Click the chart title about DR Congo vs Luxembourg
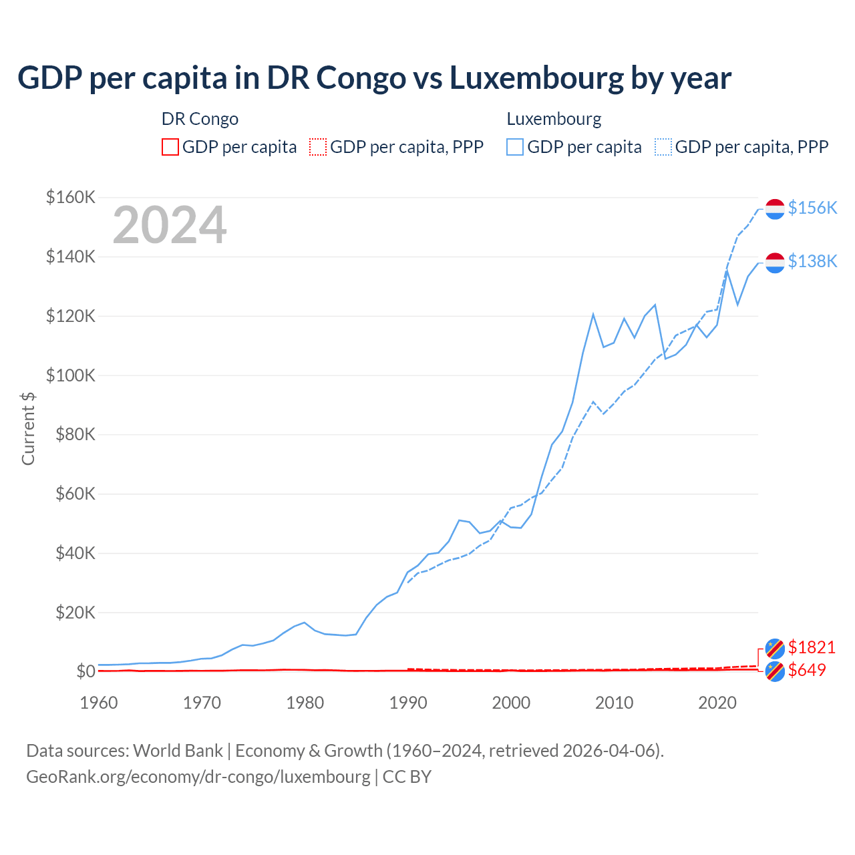click(374, 78)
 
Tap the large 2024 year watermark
click(170, 225)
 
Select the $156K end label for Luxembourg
click(812, 208)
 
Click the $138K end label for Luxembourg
click(812, 261)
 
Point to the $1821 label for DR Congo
click(812, 647)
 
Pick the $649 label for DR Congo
click(807, 670)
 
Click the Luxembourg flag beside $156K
click(775, 208)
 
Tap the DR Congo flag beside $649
click(775, 671)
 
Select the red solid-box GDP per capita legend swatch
click(170, 147)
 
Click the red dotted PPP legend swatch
click(318, 147)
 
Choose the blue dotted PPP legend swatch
click(663, 147)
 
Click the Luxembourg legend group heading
click(554, 119)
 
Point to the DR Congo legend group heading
click(200, 119)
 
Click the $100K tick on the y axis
click(71, 375)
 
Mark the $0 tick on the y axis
click(85, 671)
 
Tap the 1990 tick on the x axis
click(408, 703)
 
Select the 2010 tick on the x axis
click(614, 703)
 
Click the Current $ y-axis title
click(28, 429)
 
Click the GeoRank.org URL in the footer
click(198, 777)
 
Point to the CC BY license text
click(407, 777)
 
